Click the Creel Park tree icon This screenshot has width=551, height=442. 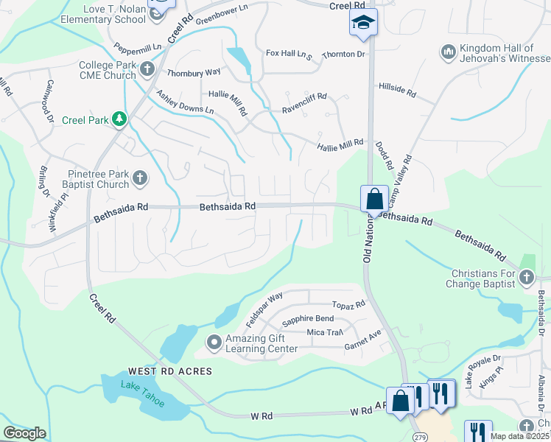(118, 119)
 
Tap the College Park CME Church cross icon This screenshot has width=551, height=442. (147, 70)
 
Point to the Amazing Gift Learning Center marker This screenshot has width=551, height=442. (214, 342)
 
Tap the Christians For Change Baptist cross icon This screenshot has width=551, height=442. (526, 277)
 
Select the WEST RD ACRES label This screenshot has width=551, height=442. (170, 371)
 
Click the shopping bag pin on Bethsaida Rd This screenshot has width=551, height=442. (374, 199)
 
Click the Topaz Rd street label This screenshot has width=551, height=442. (348, 304)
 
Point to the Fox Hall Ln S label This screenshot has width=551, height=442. (289, 54)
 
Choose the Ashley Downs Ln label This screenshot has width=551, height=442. (185, 101)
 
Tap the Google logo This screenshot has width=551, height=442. (25, 432)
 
